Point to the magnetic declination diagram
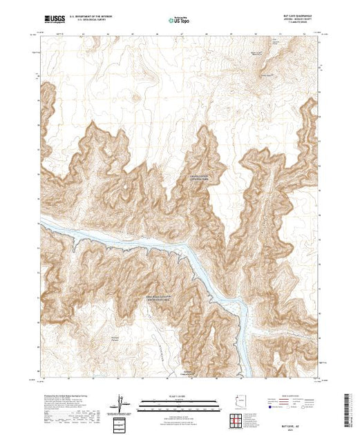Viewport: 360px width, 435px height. tap(122, 403)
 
